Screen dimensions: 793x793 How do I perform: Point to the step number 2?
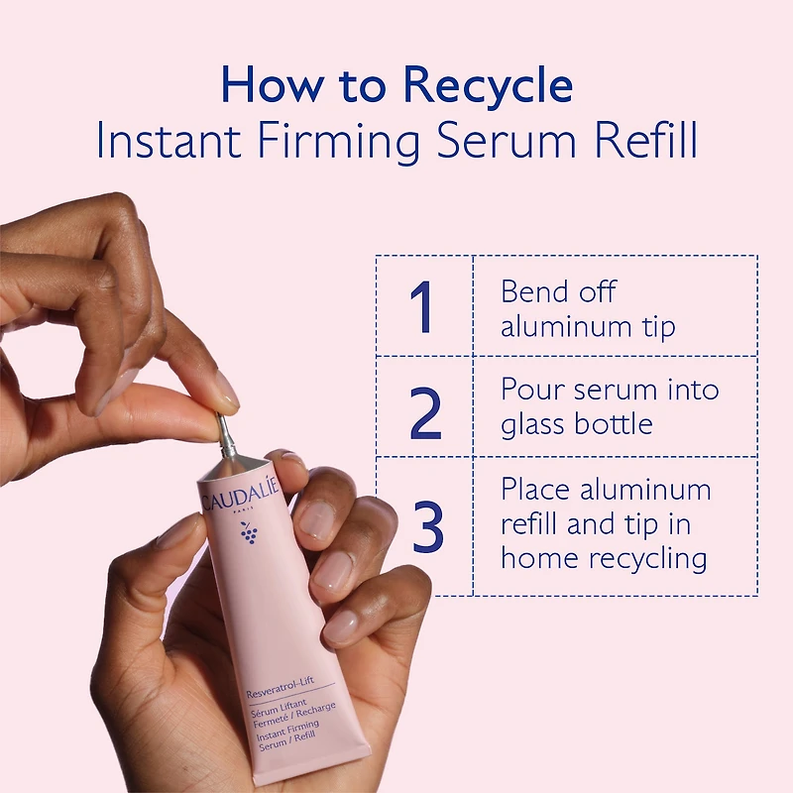(425, 407)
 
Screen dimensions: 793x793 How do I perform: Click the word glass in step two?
(533, 424)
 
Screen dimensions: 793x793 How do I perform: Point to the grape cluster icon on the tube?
(249, 534)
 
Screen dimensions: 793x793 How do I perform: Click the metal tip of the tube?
(227, 435)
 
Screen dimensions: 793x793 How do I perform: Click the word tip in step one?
(654, 327)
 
